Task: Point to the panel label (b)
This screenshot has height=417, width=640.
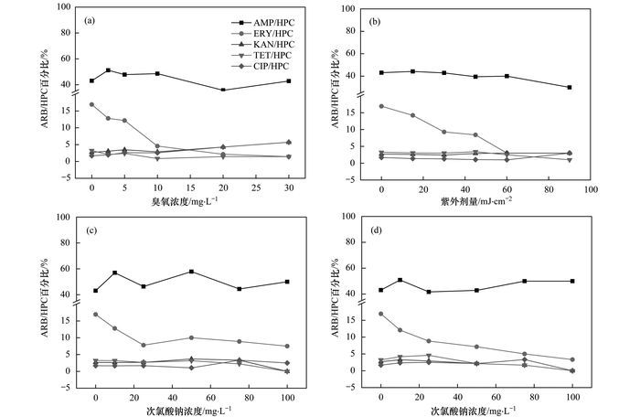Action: click(379, 19)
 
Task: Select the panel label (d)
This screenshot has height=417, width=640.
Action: click(379, 229)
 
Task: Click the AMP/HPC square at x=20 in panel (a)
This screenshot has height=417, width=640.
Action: click(223, 90)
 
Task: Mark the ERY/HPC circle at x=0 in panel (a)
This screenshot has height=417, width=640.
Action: click(91, 104)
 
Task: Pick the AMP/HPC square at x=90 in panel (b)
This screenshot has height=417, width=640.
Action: click(569, 87)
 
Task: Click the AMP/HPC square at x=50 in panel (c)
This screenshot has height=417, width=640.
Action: click(191, 272)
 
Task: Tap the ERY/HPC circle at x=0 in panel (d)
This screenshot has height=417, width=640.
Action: click(380, 314)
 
